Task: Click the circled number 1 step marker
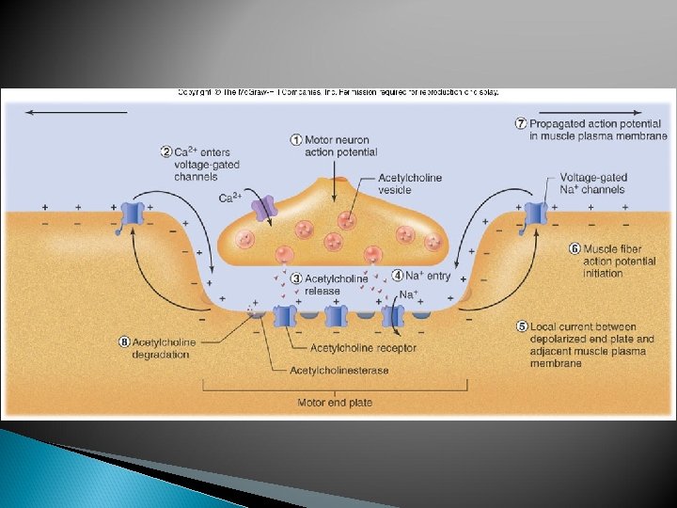coord(296,140)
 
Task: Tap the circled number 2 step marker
coord(165,152)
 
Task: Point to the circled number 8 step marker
coord(123,342)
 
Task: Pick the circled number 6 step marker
coord(575,248)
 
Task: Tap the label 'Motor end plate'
coord(335,403)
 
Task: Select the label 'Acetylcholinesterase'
coord(338,371)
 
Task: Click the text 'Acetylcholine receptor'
coord(363,348)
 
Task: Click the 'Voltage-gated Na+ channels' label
coord(592,183)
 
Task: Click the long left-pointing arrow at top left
coord(75,112)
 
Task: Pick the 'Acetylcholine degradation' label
coord(164,348)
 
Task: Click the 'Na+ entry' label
coord(428,276)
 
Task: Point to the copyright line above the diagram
coord(338,92)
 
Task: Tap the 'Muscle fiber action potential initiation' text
coord(619,261)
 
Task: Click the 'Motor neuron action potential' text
coord(340,146)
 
